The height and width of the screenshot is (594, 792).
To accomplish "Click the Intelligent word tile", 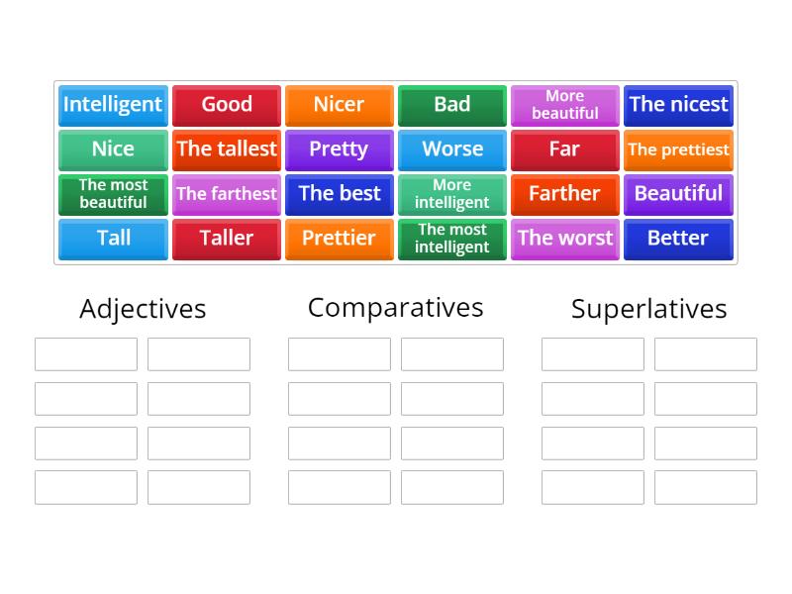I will pyautogui.click(x=113, y=105).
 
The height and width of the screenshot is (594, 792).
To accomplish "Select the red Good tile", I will pyautogui.click(x=227, y=105).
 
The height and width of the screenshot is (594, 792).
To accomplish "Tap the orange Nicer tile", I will pyautogui.click(x=339, y=105).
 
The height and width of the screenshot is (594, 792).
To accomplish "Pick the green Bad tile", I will pyautogui.click(x=452, y=105).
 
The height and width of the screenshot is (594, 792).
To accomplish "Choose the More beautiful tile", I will pyautogui.click(x=565, y=105).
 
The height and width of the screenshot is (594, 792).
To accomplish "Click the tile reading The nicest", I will pyautogui.click(x=678, y=105).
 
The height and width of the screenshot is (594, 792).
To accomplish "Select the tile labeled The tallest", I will pyautogui.click(x=227, y=149).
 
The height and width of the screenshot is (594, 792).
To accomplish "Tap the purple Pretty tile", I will pyautogui.click(x=339, y=149).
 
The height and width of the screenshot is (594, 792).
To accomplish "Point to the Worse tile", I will pyautogui.click(x=452, y=149).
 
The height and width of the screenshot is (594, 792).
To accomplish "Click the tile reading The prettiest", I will pyautogui.click(x=678, y=149).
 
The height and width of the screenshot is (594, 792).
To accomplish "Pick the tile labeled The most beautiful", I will pyautogui.click(x=113, y=194).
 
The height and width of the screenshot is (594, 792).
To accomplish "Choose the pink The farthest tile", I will pyautogui.click(x=227, y=194).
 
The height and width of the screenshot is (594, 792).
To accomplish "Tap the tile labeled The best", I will pyautogui.click(x=339, y=194).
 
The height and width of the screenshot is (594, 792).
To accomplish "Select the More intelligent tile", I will pyautogui.click(x=452, y=194).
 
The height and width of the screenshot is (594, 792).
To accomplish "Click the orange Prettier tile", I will pyautogui.click(x=339, y=239).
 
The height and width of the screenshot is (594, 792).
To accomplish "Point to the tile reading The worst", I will pyautogui.click(x=565, y=239).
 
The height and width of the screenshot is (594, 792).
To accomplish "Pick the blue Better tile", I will pyautogui.click(x=678, y=239).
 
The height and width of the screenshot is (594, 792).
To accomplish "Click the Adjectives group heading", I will pyautogui.click(x=143, y=309).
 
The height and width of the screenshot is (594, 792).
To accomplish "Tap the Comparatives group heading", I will pyautogui.click(x=396, y=308).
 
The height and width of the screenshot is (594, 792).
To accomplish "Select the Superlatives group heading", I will pyautogui.click(x=649, y=309).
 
